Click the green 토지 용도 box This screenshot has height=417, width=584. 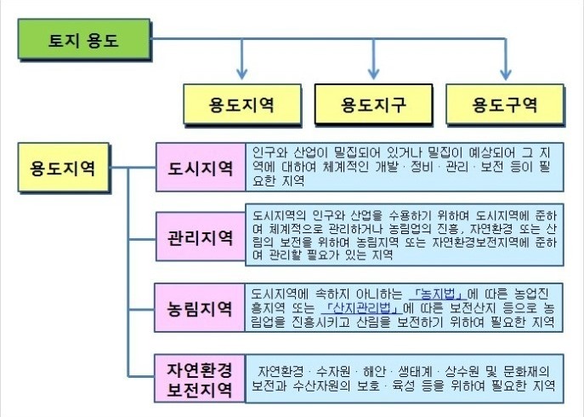[84, 39]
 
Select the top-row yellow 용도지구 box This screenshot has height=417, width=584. [373, 104]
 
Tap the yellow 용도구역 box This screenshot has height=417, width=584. [505, 104]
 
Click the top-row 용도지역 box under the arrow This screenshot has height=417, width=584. [242, 104]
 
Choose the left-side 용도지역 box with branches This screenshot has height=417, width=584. [63, 168]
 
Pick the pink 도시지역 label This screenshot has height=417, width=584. [201, 167]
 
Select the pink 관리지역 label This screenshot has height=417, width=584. [201, 237]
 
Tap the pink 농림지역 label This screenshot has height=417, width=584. [200, 308]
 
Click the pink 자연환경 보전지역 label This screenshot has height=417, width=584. [200, 379]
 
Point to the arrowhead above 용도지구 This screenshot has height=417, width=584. [373, 73]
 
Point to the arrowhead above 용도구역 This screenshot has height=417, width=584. [505, 73]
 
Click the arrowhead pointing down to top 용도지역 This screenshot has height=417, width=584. [242, 73]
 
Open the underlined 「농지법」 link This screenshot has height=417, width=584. [438, 294]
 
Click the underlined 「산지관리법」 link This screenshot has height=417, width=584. [361, 308]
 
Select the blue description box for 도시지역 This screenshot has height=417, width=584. [405, 167]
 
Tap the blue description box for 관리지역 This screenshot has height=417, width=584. [405, 235]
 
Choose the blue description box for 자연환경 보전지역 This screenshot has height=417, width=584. [405, 379]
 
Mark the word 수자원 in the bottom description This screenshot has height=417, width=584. [333, 372]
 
